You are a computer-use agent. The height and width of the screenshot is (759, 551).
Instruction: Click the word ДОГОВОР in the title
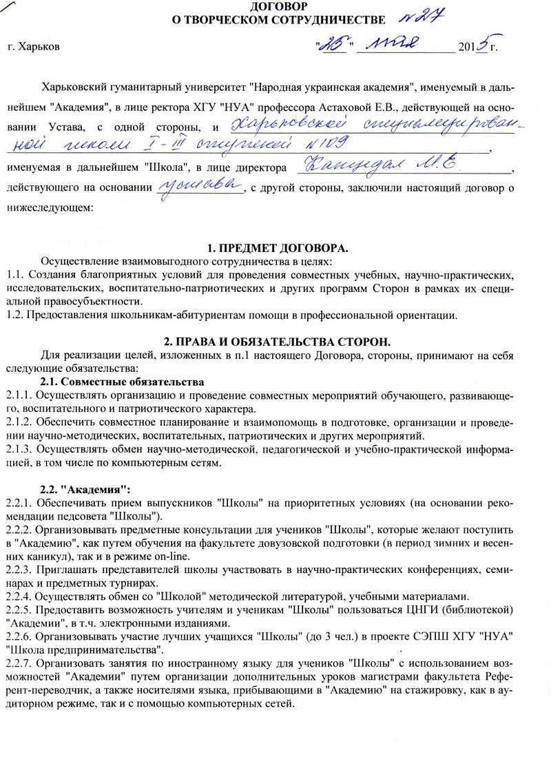click(275, 6)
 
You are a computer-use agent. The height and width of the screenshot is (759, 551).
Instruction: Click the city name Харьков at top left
click(38, 48)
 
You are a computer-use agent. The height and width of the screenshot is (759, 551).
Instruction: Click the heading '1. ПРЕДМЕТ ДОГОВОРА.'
click(275, 248)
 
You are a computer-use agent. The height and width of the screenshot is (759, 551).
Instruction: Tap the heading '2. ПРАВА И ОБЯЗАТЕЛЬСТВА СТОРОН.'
click(275, 342)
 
